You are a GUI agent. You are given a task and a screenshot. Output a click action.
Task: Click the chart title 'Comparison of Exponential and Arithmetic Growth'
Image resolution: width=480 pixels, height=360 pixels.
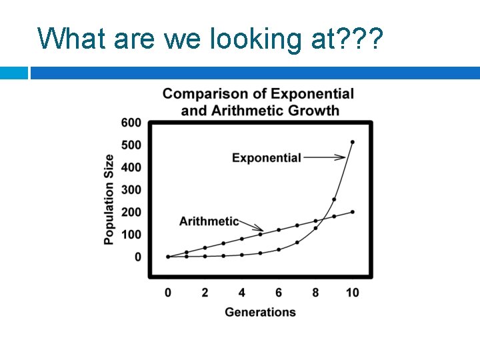click(x=259, y=102)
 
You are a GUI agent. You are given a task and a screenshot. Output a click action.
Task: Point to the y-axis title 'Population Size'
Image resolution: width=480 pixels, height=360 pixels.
click(x=109, y=199)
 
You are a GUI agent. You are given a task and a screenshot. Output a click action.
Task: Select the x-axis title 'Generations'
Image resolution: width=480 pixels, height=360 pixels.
click(x=260, y=312)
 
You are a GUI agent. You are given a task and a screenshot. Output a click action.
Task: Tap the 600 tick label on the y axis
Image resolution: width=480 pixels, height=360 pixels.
click(x=131, y=123)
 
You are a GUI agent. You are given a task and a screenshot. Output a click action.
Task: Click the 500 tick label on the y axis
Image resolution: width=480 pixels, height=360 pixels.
click(x=131, y=145)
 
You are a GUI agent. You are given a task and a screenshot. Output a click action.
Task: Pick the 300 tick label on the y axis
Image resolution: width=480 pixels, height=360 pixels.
click(x=131, y=190)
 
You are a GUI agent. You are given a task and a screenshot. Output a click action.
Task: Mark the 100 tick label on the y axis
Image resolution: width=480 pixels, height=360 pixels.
click(x=131, y=235)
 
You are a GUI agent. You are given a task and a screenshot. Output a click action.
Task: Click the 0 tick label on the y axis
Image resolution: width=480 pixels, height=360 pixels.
click(x=137, y=257)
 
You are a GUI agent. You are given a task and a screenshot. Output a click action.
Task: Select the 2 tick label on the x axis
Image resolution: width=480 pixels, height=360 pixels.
click(x=205, y=293)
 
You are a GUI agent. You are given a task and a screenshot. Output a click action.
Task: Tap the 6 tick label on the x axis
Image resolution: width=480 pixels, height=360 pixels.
click(x=279, y=293)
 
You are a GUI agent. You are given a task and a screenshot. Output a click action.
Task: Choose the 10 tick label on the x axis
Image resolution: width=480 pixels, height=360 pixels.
click(x=352, y=293)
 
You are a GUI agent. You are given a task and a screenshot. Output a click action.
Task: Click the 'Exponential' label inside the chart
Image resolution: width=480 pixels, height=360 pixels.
click(x=267, y=158)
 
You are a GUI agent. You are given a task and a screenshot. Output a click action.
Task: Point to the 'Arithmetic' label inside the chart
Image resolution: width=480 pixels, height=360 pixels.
click(x=209, y=221)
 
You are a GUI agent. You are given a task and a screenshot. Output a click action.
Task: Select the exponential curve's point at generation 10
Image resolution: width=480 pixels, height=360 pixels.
click(x=353, y=142)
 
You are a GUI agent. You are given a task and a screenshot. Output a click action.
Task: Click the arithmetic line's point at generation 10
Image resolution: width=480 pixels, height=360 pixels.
click(x=353, y=212)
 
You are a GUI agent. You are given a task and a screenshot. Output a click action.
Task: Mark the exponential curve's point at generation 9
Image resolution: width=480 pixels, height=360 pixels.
click(x=334, y=199)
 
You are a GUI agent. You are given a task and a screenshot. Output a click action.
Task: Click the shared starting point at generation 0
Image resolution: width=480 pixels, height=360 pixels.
click(x=168, y=257)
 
